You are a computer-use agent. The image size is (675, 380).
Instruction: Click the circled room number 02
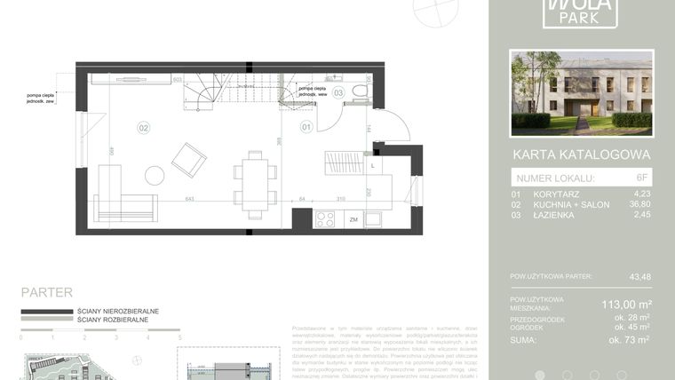144,128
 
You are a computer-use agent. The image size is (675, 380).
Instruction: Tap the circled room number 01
306,128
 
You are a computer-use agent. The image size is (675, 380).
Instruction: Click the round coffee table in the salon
155,175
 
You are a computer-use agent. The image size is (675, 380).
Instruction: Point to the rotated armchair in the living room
189,160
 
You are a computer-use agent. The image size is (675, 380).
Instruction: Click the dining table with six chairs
255,185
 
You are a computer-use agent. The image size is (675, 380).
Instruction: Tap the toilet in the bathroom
360,91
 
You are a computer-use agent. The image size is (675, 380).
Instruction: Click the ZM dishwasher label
353,219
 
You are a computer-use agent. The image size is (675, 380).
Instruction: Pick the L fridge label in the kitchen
372,166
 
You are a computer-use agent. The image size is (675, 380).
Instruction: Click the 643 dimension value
190,199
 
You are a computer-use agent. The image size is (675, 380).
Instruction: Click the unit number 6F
642,178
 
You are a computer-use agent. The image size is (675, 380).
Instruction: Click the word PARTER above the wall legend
46,291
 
